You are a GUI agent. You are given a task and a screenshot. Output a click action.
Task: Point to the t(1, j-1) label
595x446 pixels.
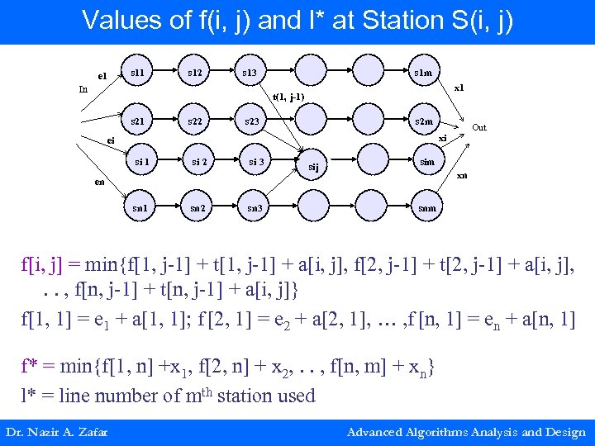click(x=288, y=97)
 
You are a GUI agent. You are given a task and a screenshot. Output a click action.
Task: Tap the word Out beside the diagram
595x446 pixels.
click(x=479, y=127)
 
